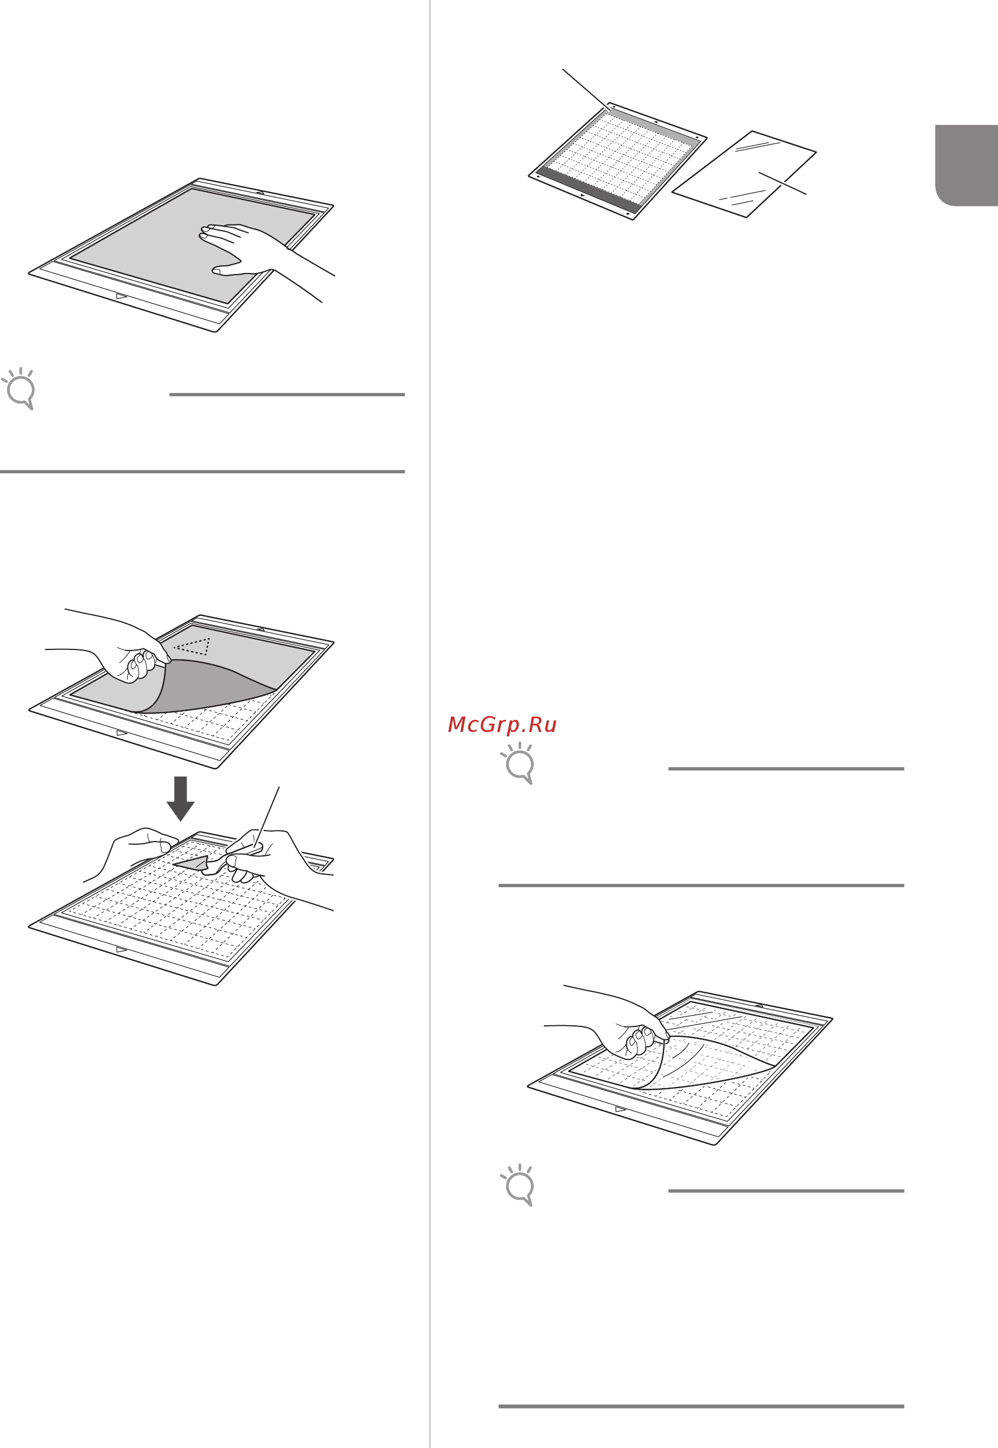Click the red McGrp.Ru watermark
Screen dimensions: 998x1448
coord(502,724)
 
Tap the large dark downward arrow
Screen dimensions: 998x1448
coord(180,798)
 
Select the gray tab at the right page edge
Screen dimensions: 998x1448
coord(966,165)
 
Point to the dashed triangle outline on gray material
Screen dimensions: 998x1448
coord(192,646)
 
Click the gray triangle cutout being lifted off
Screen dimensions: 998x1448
coord(191,862)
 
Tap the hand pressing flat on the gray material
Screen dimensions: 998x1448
coord(250,250)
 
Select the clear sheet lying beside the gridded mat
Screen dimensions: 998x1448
coord(744,174)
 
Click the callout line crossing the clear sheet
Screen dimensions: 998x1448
coord(782,183)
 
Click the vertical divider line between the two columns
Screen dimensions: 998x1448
coord(430,724)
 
